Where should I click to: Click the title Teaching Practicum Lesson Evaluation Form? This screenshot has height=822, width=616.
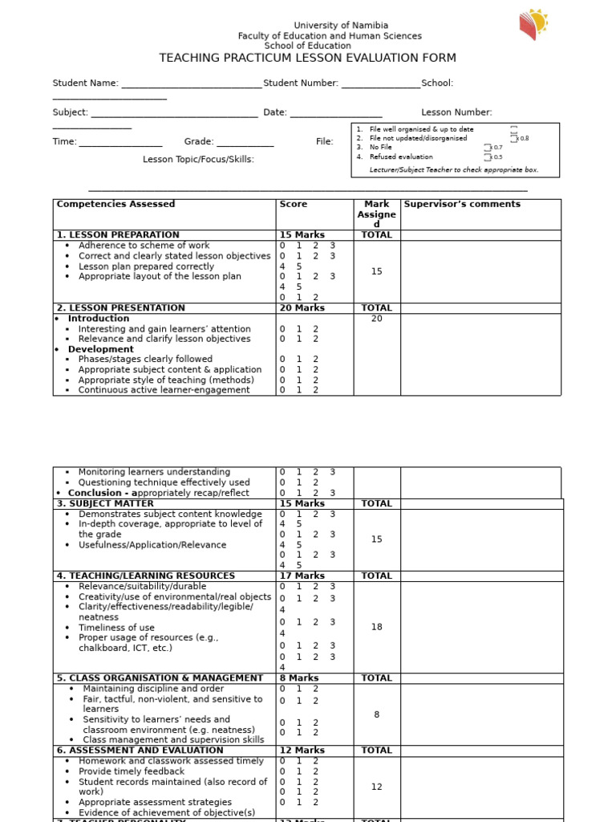308,58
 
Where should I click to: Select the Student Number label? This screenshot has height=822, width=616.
301,83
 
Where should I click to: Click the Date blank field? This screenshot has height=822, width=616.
335,114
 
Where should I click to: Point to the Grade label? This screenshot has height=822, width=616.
199,142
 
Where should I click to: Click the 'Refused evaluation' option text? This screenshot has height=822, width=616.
401,157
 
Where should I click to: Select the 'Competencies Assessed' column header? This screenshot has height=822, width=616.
115,205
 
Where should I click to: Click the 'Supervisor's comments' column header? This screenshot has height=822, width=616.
462,205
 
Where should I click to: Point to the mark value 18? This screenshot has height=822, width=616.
377,627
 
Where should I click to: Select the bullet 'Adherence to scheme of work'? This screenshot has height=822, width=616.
144,246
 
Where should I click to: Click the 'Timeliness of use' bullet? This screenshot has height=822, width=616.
116,628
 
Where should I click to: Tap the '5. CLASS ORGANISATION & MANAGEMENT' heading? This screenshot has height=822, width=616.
160,678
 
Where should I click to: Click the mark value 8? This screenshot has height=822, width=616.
377,714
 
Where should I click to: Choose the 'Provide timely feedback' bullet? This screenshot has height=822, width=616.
132,771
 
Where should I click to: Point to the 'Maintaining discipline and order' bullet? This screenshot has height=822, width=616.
153,689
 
